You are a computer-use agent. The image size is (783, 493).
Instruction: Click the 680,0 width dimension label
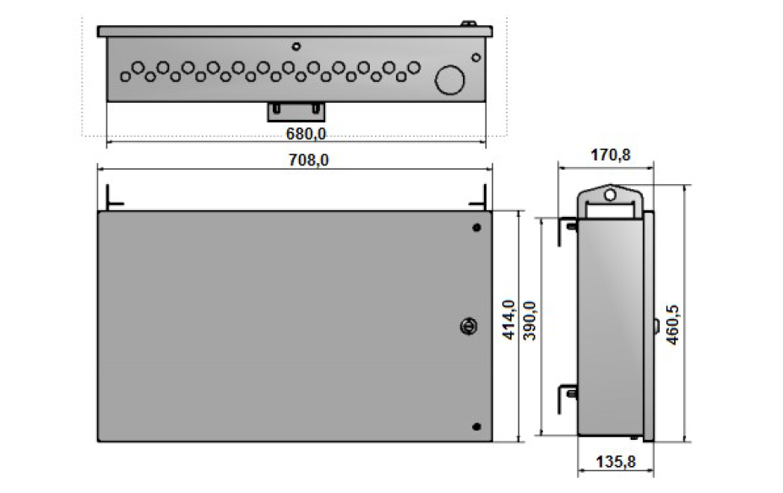(x=306, y=133)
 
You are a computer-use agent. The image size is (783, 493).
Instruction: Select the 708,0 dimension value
(x=308, y=160)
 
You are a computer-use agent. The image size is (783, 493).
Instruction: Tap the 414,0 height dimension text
(x=508, y=320)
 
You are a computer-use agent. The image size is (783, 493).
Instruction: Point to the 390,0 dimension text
(x=530, y=321)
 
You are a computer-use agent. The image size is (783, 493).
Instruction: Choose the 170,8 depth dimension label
(x=610, y=155)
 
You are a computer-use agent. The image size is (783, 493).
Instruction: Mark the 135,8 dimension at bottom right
(x=616, y=462)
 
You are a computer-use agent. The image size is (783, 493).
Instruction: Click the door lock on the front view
(x=469, y=327)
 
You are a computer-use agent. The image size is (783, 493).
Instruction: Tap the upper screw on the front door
(x=476, y=228)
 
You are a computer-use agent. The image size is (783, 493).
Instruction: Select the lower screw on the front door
(x=476, y=426)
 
